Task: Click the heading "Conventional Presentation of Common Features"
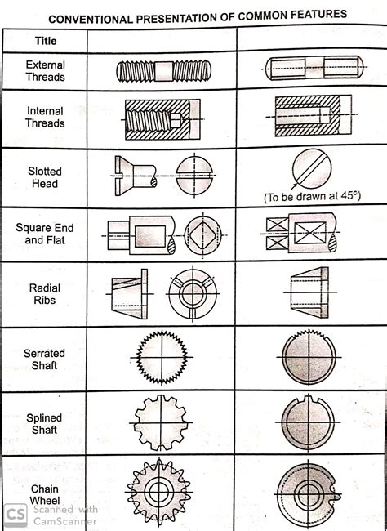(x=196, y=15)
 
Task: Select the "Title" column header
(x=46, y=41)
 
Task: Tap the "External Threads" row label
(x=46, y=71)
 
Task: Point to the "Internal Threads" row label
(x=46, y=117)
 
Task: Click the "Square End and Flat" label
(x=46, y=234)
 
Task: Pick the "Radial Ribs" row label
(x=46, y=294)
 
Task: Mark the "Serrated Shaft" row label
(x=46, y=359)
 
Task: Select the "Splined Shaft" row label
(x=46, y=423)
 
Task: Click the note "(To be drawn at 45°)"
(x=311, y=198)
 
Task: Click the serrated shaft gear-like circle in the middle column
(x=161, y=357)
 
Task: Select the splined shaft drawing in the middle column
(x=162, y=422)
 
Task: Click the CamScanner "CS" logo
(x=14, y=515)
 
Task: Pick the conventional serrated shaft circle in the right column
(x=309, y=358)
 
